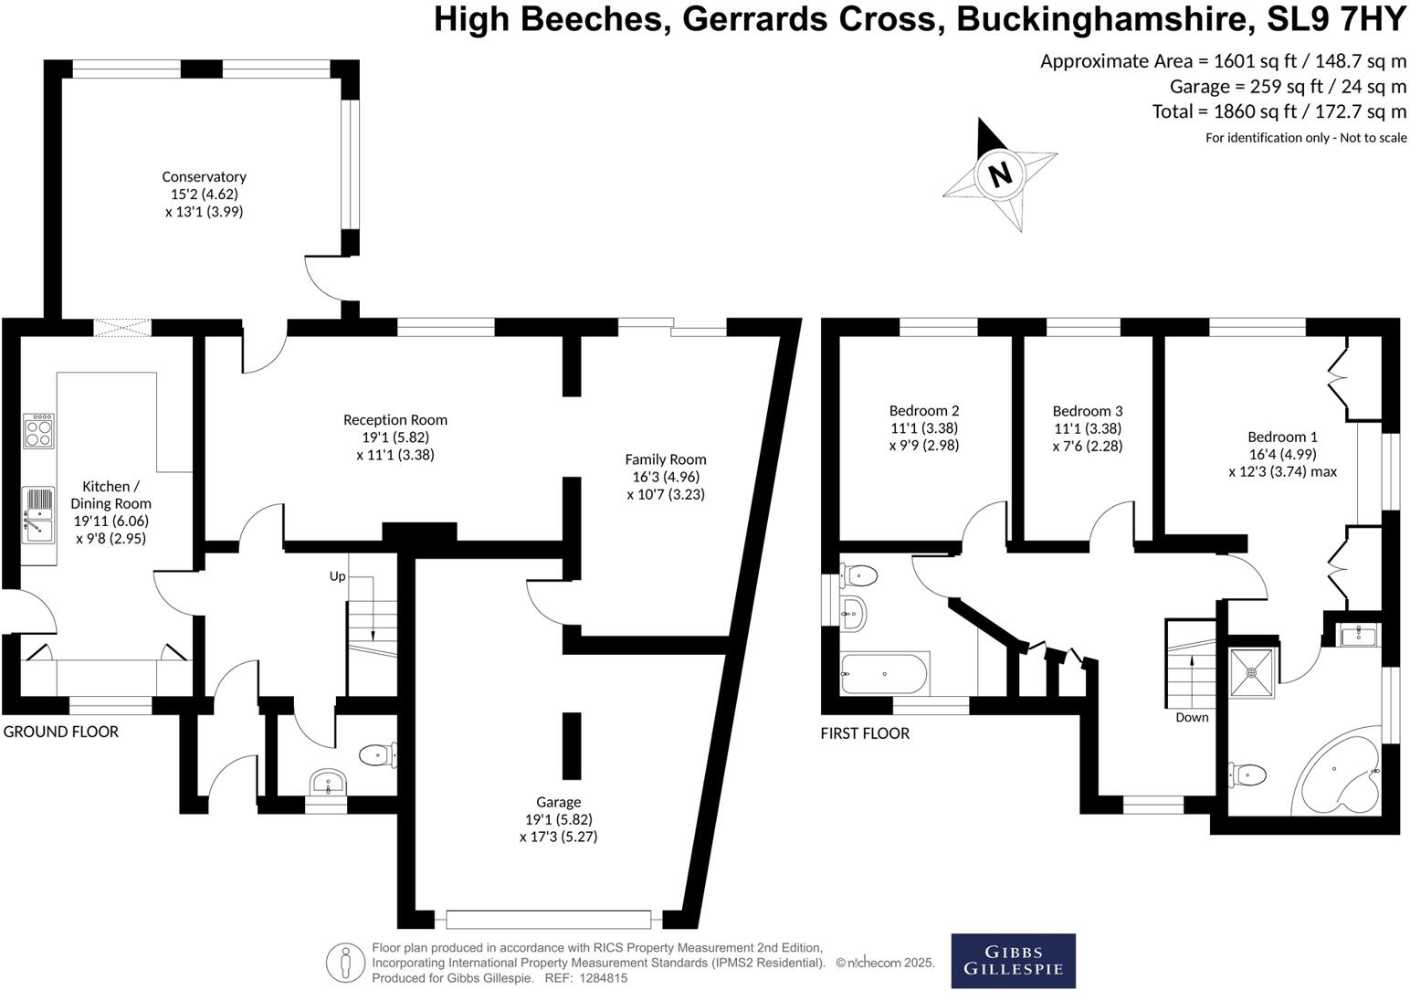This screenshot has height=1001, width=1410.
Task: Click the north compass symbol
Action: [x=1000, y=174]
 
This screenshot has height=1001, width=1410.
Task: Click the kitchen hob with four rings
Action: [x=38, y=430]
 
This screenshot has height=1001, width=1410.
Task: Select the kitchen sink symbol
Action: [x=38, y=513]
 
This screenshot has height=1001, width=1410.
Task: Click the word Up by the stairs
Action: [x=337, y=577]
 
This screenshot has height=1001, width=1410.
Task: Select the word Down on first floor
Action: [x=1192, y=718]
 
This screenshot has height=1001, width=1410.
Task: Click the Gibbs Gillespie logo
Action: [x=1013, y=960]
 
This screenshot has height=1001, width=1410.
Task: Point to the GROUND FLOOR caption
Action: [x=61, y=732]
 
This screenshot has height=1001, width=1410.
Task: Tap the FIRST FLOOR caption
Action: [x=864, y=733]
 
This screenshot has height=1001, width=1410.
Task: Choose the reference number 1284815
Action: [x=599, y=978]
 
